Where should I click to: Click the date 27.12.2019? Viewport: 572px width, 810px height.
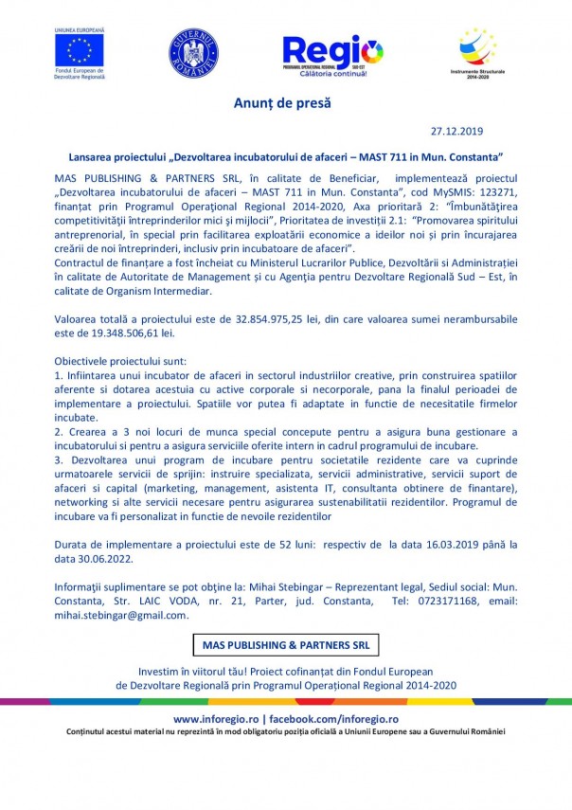click(457, 132)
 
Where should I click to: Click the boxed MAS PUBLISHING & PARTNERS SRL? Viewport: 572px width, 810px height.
click(285, 645)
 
